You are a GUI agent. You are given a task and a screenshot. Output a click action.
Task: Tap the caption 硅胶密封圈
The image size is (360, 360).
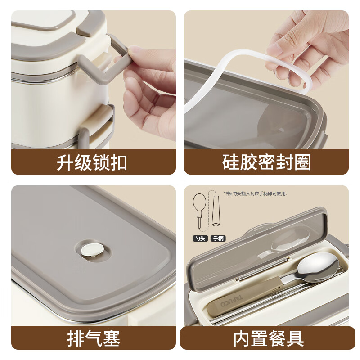[266, 162]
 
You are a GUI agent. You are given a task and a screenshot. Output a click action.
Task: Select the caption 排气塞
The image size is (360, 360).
[94, 338]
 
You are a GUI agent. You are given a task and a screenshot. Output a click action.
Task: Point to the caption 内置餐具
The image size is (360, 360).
[269, 338]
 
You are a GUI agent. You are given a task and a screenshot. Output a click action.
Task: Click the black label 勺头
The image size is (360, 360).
[200, 238]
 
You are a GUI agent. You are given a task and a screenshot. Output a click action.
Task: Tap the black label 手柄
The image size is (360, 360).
[219, 238]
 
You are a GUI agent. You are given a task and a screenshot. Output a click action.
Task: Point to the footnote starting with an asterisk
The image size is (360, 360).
[255, 193]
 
